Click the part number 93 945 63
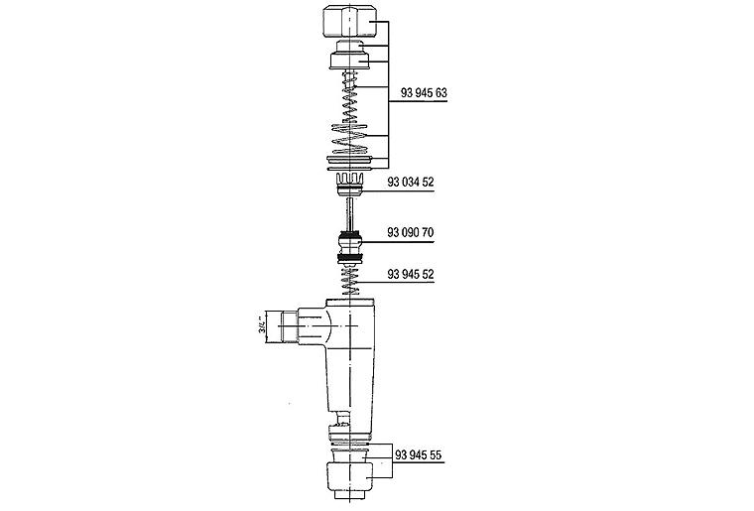[x=424, y=93]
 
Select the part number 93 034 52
[x=411, y=183]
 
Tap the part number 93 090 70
[x=411, y=232]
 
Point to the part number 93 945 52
[x=411, y=275]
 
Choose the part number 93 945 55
[x=419, y=455]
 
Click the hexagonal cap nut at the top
[x=349, y=22]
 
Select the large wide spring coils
[x=350, y=139]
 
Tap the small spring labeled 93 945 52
[x=350, y=281]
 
